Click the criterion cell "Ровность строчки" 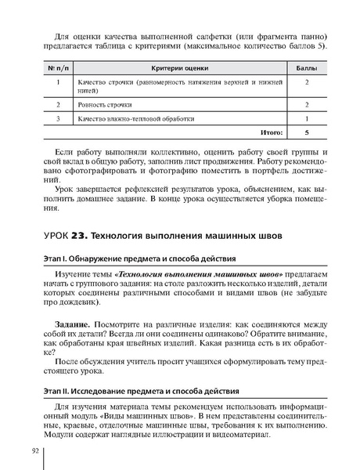tap(104, 104)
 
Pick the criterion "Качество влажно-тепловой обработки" tap(135, 118)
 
